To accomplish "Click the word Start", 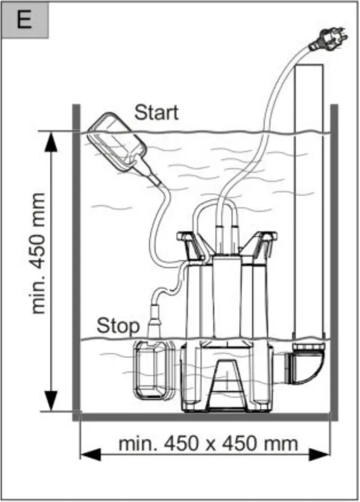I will pos(156,112).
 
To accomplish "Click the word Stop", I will pos(118,325).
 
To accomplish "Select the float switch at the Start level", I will pos(118,140).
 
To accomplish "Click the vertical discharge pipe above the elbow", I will pos(308,201).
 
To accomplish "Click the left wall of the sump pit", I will pos(76,258).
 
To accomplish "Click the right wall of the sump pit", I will pos(334,258).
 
